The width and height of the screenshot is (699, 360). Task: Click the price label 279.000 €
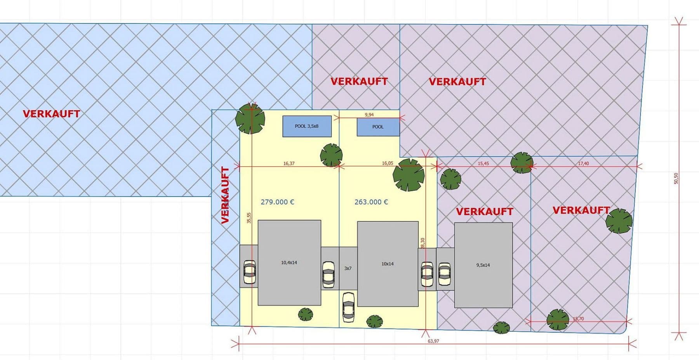[x=277, y=202]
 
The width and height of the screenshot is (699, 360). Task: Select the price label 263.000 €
[x=371, y=202]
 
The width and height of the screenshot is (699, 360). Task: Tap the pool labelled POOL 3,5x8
[x=307, y=126]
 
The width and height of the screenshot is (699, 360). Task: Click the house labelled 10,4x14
[x=289, y=263]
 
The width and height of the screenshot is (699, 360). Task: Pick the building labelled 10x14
[x=388, y=264]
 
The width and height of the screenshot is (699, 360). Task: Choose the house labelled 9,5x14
[x=483, y=265]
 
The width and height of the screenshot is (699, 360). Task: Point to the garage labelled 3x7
[x=348, y=268]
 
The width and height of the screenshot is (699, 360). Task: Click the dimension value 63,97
[x=433, y=341]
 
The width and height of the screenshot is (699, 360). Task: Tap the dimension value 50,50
[x=676, y=178]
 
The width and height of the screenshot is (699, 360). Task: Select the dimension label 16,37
[x=289, y=163]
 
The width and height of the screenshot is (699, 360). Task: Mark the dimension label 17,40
[x=583, y=163]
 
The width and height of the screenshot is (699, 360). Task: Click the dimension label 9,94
[x=369, y=115]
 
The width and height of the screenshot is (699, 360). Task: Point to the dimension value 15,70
[x=578, y=319]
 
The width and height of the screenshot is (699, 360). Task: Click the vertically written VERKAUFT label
[x=225, y=195]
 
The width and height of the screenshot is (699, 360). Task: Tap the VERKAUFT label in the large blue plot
[x=51, y=114]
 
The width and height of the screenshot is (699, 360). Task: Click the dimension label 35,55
[x=249, y=217]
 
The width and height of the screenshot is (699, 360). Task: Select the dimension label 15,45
[x=483, y=163]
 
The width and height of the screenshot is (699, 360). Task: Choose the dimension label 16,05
[x=388, y=163]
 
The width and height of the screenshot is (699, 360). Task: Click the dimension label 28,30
[x=423, y=243]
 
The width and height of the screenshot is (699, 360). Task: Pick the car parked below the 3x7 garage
[x=348, y=307]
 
